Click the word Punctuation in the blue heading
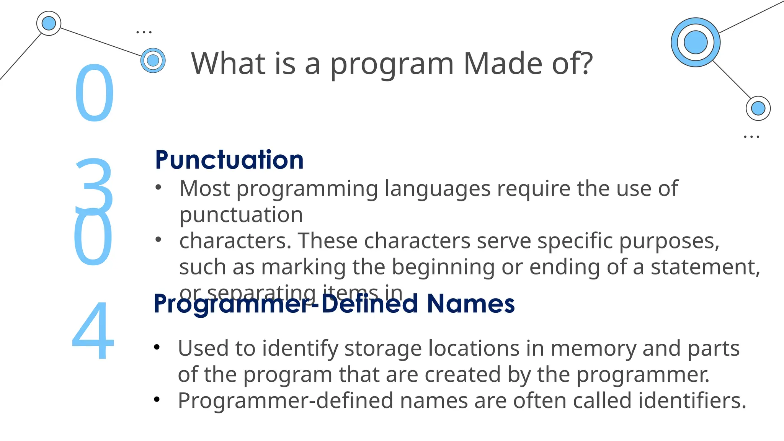(x=229, y=160)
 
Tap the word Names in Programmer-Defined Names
(x=470, y=304)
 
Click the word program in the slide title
(x=392, y=64)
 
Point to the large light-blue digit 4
(x=93, y=331)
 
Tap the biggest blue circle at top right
(x=695, y=42)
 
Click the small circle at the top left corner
(x=49, y=23)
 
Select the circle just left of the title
(x=153, y=60)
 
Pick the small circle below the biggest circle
(x=758, y=108)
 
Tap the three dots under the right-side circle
(x=751, y=137)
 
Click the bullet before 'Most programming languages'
(x=158, y=188)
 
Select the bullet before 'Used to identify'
(x=157, y=347)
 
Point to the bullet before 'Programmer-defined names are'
(x=157, y=400)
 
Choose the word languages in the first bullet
(x=437, y=189)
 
